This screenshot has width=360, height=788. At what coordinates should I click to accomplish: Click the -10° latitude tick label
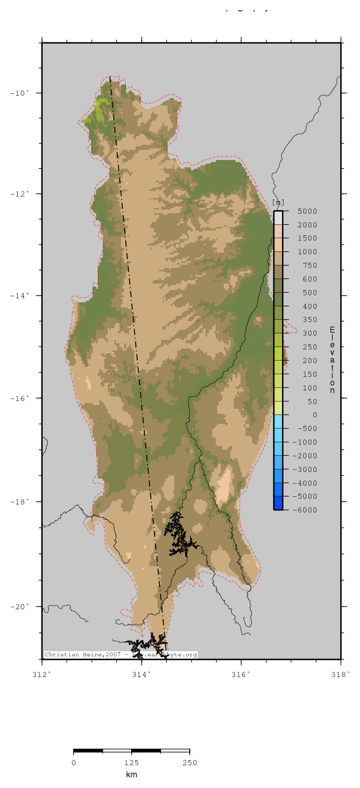21,93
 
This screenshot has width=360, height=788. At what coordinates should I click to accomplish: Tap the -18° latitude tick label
21,501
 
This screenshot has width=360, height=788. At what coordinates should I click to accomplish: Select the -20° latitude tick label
21,606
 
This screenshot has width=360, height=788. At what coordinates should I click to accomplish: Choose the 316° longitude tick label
241,674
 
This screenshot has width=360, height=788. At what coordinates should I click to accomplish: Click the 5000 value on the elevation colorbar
307,211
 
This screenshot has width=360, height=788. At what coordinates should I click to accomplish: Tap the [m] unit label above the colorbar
278,203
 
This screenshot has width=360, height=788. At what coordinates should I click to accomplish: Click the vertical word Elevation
332,360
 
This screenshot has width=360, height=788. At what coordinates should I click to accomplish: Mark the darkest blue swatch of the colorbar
278,503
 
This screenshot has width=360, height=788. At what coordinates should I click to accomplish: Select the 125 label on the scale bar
132,763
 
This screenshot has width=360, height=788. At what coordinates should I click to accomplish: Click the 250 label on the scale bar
189,763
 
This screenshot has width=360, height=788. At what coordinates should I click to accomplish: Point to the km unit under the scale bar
132,775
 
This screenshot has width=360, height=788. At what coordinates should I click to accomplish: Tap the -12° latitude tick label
21,193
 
